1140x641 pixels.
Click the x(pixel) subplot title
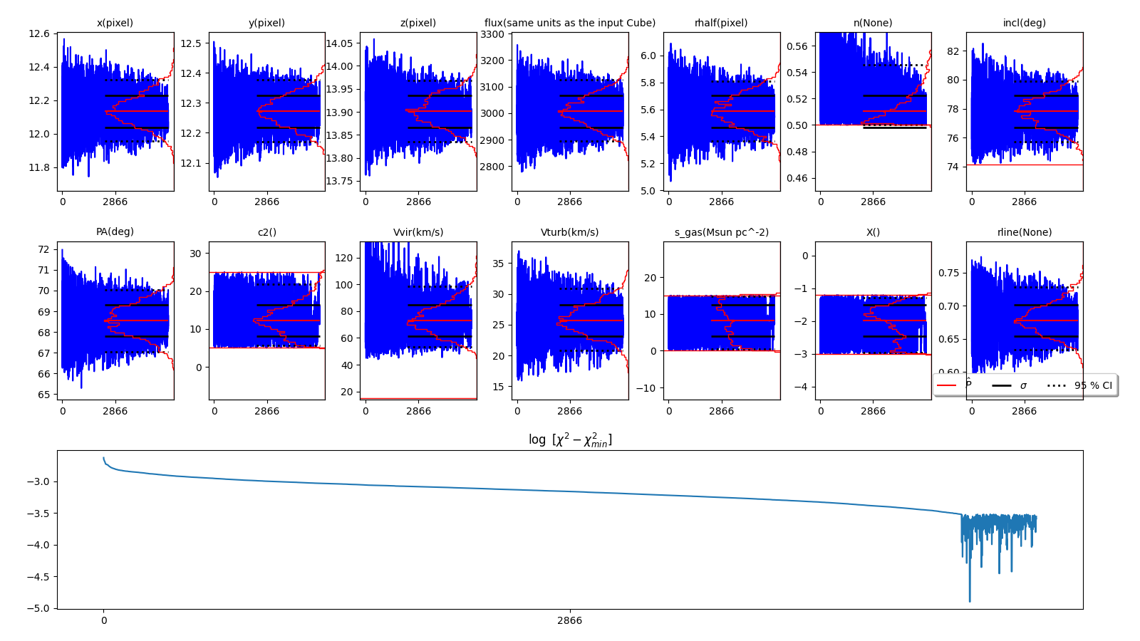click(115, 23)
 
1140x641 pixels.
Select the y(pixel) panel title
click(266, 23)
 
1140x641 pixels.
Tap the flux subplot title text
click(570, 23)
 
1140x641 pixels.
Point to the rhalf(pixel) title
click(721, 23)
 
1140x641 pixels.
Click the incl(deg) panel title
click(1024, 23)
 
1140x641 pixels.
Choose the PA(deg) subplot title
click(115, 232)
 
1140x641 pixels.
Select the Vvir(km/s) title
click(418, 232)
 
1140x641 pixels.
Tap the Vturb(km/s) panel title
click(570, 232)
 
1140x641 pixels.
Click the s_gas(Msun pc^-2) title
click(721, 232)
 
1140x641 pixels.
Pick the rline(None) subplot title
click(1024, 232)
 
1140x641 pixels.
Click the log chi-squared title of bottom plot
click(570, 440)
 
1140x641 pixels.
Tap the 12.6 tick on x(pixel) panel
click(39, 33)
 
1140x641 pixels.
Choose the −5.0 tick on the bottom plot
click(38, 608)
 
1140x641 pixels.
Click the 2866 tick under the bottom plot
click(570, 620)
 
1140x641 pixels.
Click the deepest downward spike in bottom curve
click(970, 601)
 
